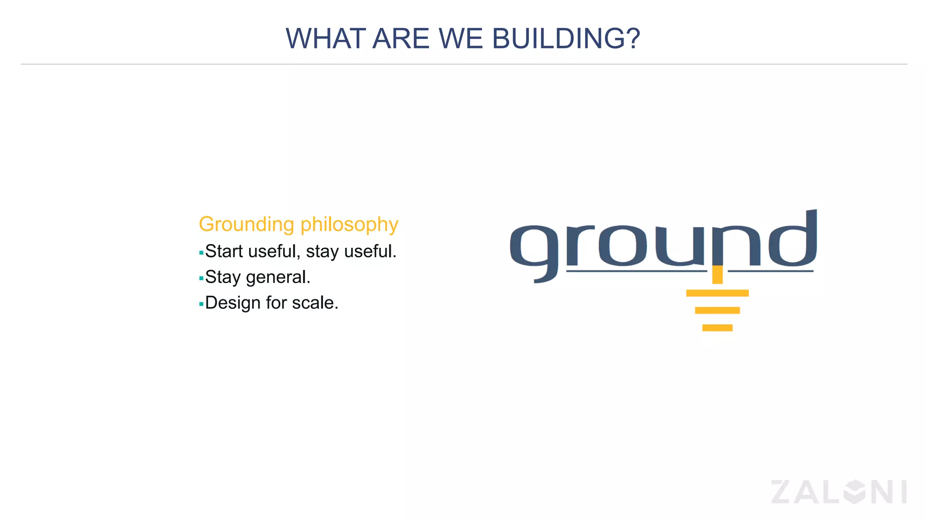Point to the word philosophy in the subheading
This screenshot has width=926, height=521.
click(x=349, y=225)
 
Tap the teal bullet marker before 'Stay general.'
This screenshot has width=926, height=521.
click(x=201, y=279)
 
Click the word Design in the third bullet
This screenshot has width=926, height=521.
click(x=232, y=303)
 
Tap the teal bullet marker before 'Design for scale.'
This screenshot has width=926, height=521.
click(x=201, y=304)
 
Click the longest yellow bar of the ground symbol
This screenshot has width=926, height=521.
click(x=717, y=293)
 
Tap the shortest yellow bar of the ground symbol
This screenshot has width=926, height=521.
click(x=717, y=328)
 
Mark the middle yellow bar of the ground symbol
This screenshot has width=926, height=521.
click(x=717, y=310)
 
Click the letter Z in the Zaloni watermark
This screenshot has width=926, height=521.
click(x=785, y=492)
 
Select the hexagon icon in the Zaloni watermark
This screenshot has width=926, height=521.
click(x=854, y=492)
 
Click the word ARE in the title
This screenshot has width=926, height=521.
click(x=401, y=39)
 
